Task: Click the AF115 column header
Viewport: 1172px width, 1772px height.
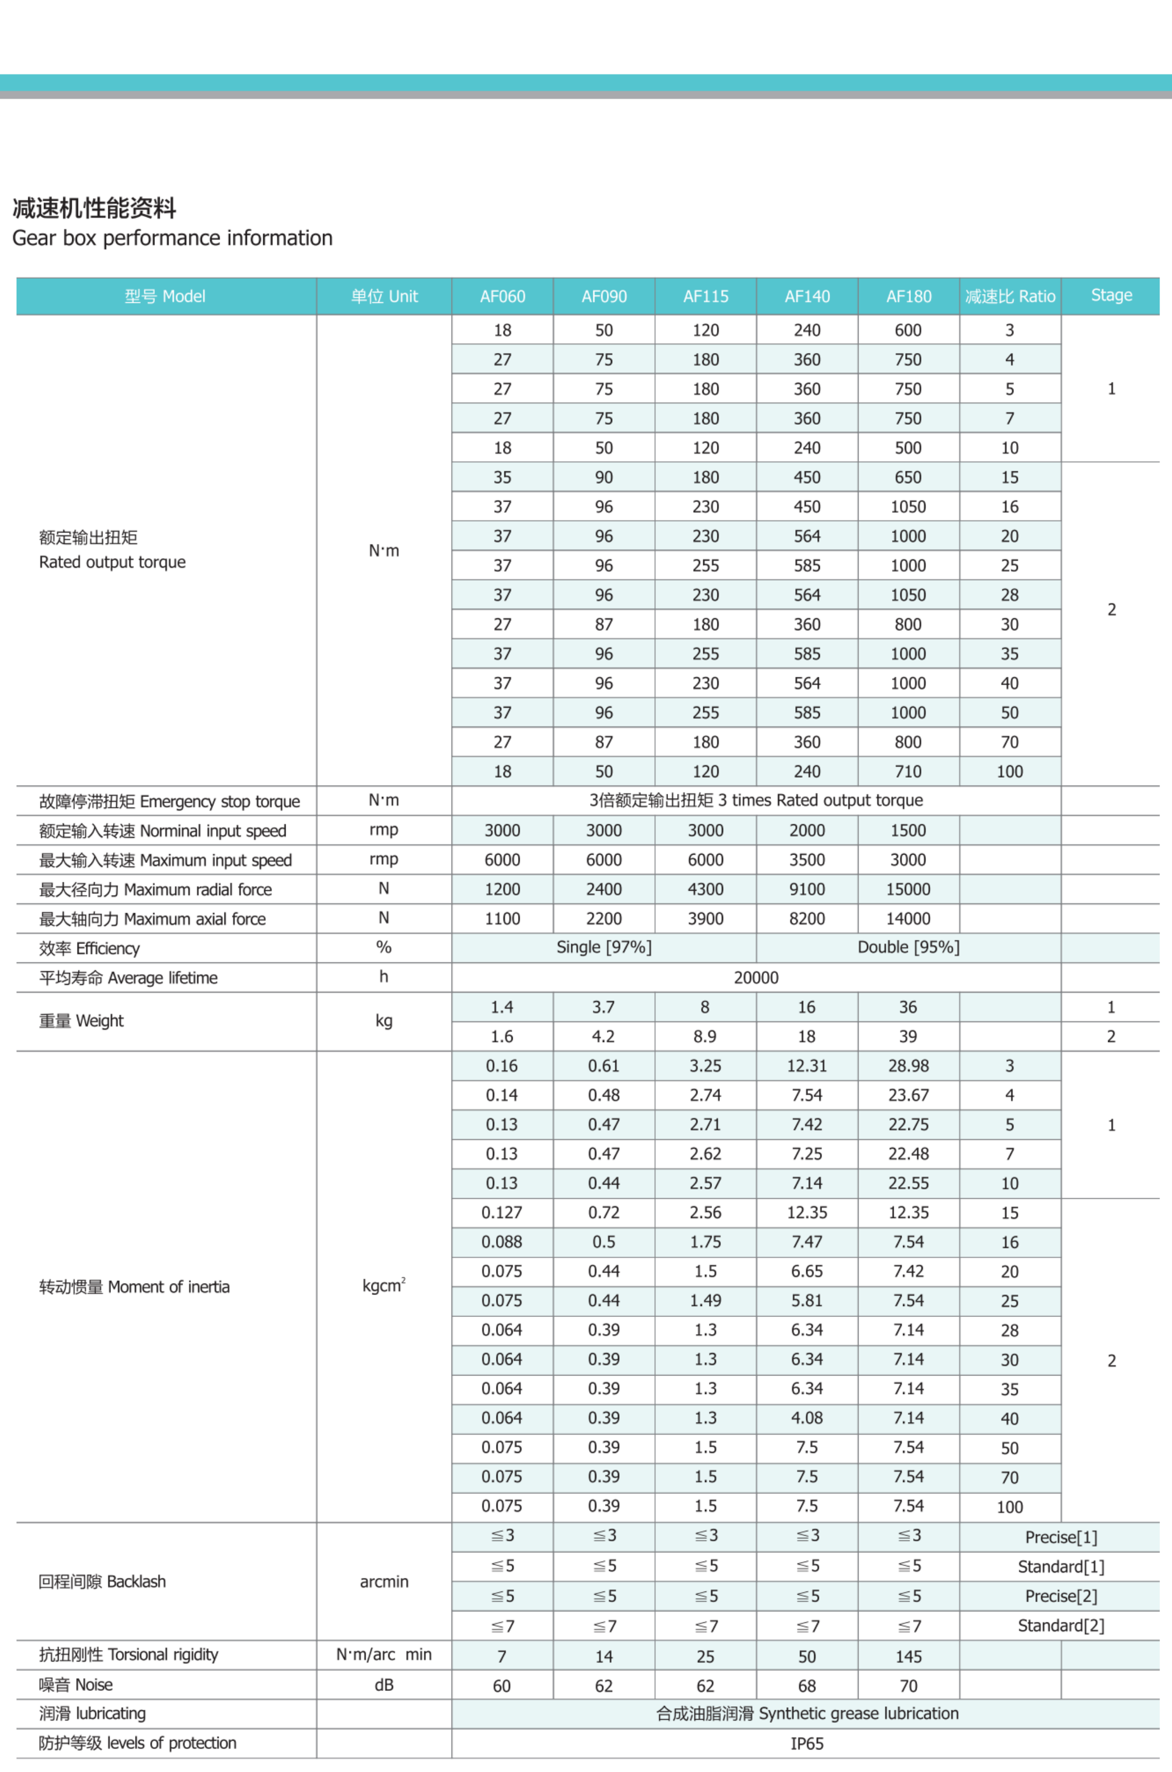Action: [x=706, y=297]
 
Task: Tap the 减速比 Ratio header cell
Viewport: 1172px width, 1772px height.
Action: [x=1010, y=297]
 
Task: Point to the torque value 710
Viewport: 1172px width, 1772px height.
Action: [x=908, y=771]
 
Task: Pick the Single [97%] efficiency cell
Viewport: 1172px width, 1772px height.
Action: [x=604, y=947]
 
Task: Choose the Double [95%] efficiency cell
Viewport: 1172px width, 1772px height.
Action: [x=908, y=947]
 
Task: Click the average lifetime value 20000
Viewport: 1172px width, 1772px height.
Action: [x=756, y=977]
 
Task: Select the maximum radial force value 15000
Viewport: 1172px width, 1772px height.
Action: [x=908, y=889]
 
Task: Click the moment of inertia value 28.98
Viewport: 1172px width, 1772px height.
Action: [x=908, y=1066]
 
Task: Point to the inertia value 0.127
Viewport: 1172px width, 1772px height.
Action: [x=502, y=1212]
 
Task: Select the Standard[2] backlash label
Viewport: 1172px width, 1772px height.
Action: [x=1061, y=1626]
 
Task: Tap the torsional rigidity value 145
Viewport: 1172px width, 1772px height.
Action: [x=908, y=1656]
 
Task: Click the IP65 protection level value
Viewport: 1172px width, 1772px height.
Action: [x=806, y=1744]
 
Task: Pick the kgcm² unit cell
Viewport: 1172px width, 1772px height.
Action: [x=384, y=1286]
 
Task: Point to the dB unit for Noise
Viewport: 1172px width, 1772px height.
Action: [x=384, y=1685]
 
